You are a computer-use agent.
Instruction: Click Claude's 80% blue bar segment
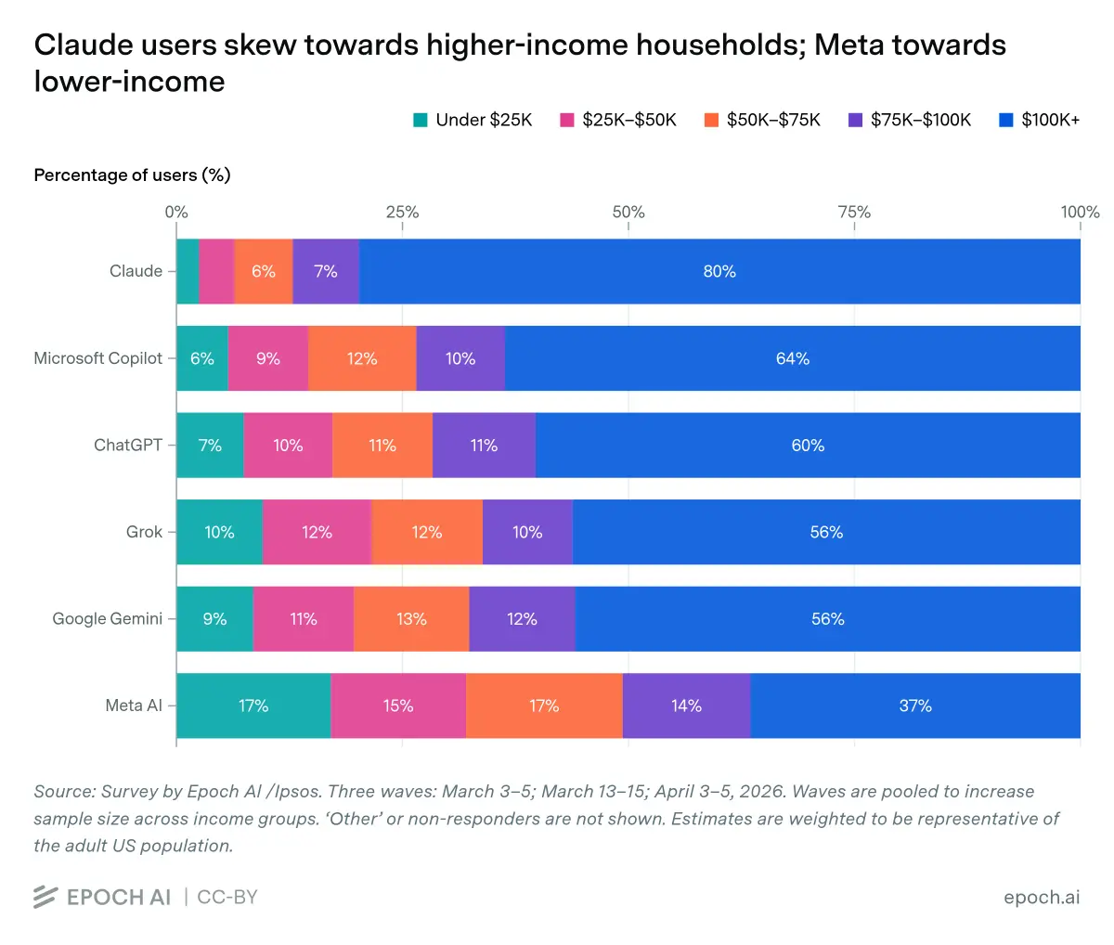[719, 271]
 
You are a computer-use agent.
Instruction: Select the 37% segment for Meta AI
[915, 706]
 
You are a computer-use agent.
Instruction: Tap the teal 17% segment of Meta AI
[253, 706]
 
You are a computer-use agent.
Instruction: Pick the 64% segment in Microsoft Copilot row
[793, 358]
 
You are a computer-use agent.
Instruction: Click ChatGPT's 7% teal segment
[210, 446]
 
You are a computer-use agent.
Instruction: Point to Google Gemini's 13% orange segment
[411, 619]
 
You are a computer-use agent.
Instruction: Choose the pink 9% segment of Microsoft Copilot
[268, 358]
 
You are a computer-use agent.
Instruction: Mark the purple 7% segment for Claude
[326, 271]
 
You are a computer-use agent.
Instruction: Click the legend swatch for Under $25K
[421, 120]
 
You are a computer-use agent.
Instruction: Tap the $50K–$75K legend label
[773, 120]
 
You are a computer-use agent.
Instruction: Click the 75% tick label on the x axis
[854, 212]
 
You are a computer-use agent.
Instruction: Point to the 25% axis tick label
[402, 212]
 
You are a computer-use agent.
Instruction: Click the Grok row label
[144, 532]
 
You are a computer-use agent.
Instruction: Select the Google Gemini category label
[107, 618]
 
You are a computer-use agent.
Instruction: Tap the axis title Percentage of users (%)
[132, 175]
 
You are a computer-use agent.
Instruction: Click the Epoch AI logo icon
[45, 897]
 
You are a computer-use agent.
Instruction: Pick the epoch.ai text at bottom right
[1042, 897]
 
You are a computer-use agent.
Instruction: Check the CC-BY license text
[227, 897]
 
